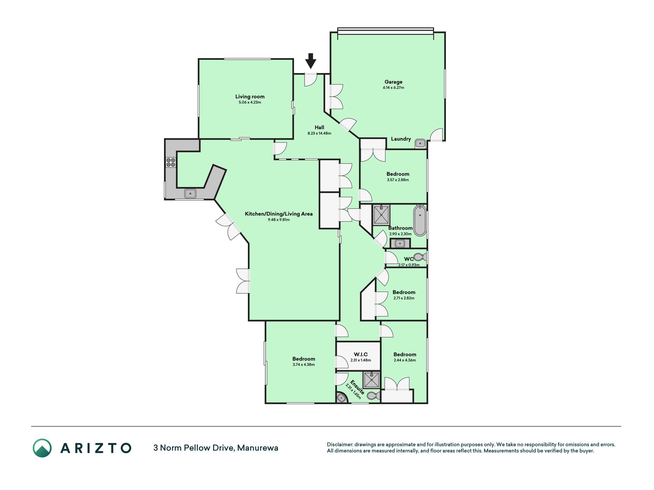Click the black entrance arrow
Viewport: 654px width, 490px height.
(x=311, y=61)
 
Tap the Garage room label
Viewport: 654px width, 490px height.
(x=393, y=82)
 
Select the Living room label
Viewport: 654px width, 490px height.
(x=250, y=96)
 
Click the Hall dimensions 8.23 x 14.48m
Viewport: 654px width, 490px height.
(x=319, y=133)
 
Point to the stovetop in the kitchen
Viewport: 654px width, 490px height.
(x=170, y=162)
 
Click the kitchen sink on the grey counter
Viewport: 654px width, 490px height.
(x=190, y=194)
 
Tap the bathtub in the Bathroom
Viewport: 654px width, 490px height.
(x=420, y=221)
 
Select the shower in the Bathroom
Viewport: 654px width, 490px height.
(x=381, y=214)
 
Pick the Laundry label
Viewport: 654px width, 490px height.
(x=401, y=139)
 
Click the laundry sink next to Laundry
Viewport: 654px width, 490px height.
(x=420, y=144)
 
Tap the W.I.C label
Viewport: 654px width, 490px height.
(x=361, y=354)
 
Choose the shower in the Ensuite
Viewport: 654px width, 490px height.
(x=372, y=380)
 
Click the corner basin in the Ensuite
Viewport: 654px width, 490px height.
(x=341, y=398)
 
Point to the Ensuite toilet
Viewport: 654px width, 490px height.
(x=374, y=395)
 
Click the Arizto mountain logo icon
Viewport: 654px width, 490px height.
(x=42, y=448)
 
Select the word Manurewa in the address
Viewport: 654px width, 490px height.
(x=257, y=448)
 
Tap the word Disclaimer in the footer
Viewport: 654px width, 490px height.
(x=339, y=444)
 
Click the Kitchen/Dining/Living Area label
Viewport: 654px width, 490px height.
(x=279, y=214)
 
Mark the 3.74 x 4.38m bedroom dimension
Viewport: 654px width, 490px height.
(x=303, y=365)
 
